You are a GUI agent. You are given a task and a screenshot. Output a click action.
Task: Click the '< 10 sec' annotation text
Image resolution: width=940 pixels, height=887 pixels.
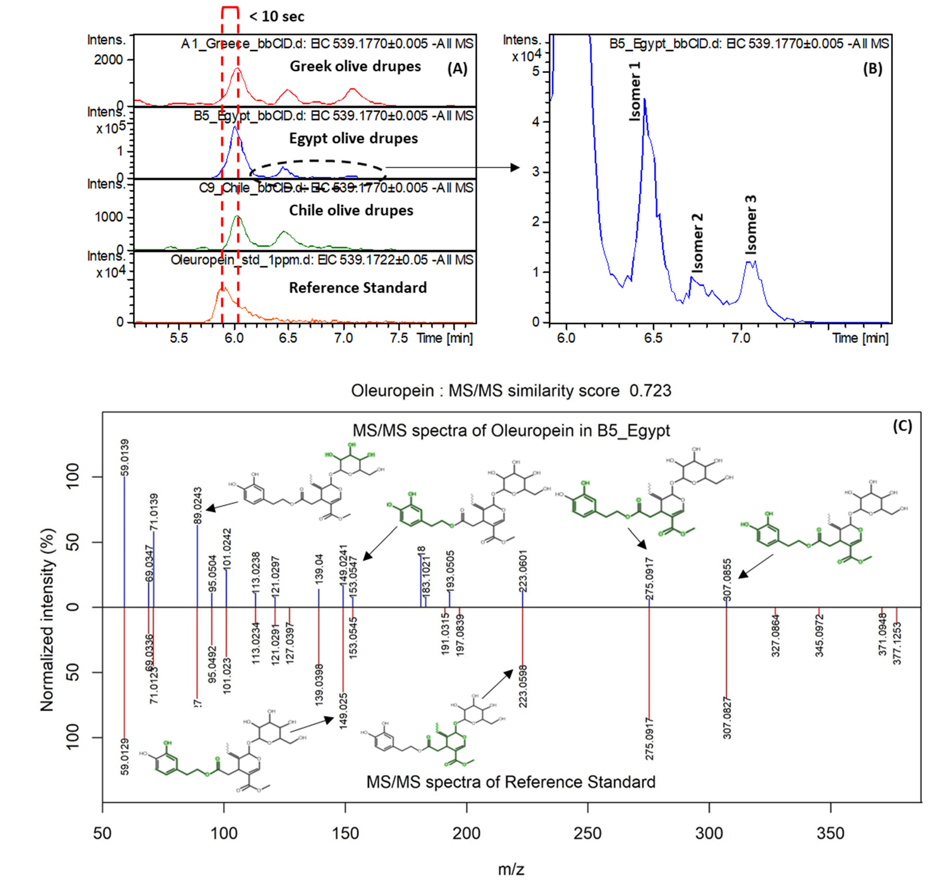click(x=277, y=17)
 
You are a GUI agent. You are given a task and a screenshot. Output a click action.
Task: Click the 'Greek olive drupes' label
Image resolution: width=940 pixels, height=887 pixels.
click(x=355, y=66)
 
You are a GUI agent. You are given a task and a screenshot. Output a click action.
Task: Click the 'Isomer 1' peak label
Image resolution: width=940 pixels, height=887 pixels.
click(x=635, y=91)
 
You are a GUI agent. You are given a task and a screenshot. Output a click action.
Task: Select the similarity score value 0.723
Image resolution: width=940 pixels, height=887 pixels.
click(x=650, y=391)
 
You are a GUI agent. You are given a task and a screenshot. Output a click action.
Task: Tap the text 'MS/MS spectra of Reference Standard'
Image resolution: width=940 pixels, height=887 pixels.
click(x=511, y=782)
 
